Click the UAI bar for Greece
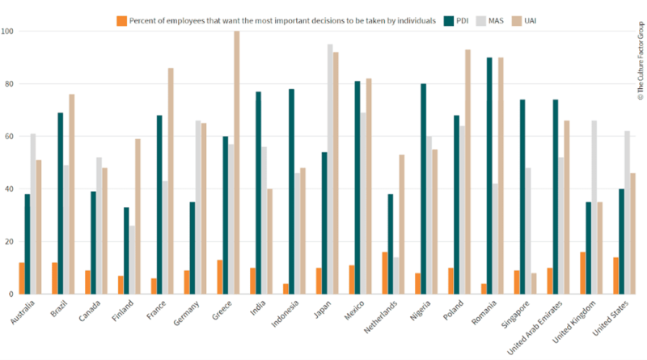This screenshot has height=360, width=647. [x=237, y=162]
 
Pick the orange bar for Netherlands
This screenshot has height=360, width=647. [x=384, y=273]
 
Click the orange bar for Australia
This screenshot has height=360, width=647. [x=22, y=277]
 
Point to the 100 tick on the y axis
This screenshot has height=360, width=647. [x=9, y=32]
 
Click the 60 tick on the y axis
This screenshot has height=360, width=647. [x=11, y=137]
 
